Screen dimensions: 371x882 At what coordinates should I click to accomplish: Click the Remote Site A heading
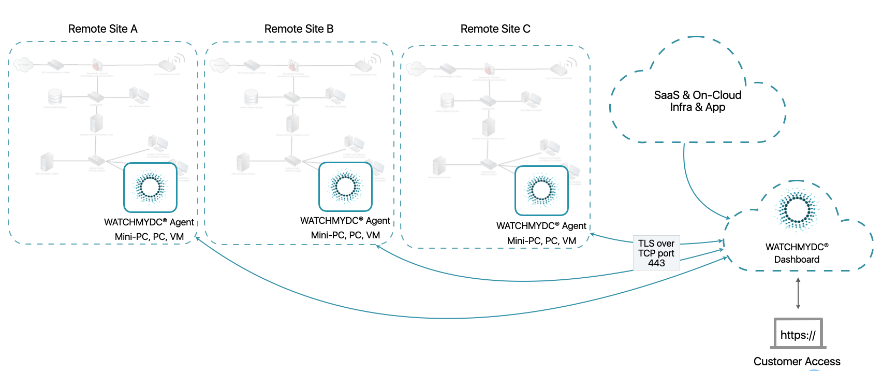102,29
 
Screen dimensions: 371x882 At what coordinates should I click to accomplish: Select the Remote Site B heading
299,29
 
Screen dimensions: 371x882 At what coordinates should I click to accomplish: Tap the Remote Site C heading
495,29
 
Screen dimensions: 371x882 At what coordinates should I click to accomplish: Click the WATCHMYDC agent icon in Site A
150,187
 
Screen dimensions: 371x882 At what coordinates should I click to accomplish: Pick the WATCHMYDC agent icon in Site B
345,187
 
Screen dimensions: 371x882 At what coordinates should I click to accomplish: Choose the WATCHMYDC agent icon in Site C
541,190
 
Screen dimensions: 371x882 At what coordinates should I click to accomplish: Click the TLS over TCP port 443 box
656,253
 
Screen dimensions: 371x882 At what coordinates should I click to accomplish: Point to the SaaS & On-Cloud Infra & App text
697,101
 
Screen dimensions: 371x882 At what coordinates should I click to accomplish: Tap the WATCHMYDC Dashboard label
797,253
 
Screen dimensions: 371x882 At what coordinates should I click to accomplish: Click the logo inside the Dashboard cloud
797,209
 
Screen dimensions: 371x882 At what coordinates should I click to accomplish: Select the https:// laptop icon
798,334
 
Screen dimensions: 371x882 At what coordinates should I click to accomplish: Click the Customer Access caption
797,361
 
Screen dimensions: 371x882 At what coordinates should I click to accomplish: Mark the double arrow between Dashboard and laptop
798,293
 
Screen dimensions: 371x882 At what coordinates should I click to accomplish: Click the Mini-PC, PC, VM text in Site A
149,237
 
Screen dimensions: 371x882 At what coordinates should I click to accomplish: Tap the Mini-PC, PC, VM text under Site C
541,241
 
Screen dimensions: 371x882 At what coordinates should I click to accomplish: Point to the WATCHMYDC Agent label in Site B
345,221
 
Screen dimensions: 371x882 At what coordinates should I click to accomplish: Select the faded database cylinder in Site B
251,97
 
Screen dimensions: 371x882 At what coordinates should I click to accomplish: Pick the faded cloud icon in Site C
416,68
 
